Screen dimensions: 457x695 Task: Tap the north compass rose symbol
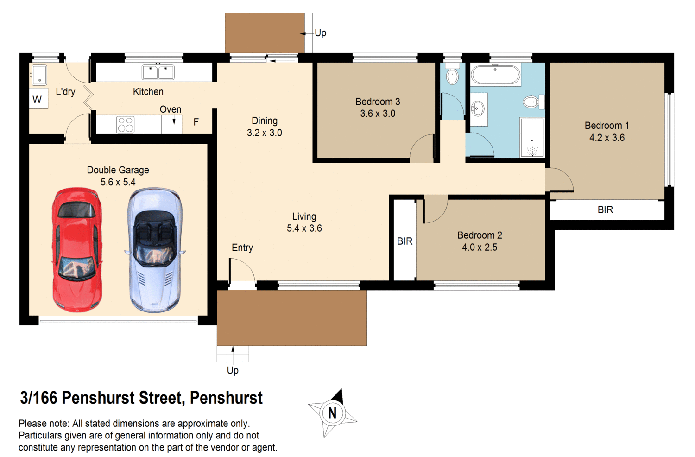(x=332, y=413)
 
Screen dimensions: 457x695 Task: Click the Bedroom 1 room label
(x=607, y=126)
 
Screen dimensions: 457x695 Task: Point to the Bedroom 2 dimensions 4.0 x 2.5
(x=479, y=248)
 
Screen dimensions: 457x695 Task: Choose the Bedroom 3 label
(x=378, y=102)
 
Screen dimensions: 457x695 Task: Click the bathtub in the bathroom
(x=495, y=75)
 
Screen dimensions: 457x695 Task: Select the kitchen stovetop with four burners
(x=126, y=125)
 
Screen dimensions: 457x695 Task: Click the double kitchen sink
(x=158, y=72)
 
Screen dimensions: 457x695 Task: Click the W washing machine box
(x=38, y=99)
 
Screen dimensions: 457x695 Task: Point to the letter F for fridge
(x=196, y=122)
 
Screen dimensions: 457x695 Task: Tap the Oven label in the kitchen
(x=170, y=109)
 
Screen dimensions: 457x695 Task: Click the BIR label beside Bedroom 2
(x=404, y=241)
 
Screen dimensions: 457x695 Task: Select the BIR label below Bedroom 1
(x=605, y=210)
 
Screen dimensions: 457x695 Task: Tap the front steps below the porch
(x=233, y=354)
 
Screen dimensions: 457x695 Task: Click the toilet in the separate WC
(x=453, y=75)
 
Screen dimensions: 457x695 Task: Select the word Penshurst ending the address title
(x=226, y=398)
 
